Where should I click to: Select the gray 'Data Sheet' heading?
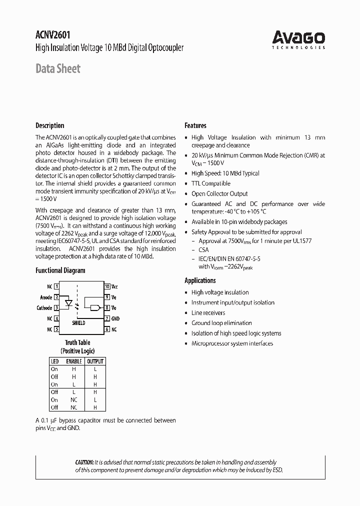57,68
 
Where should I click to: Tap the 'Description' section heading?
49,125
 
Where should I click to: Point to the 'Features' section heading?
195,125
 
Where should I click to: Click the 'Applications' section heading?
200,280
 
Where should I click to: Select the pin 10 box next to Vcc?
107,286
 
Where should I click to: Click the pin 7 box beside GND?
107,318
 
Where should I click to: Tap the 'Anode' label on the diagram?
46,297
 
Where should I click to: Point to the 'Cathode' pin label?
44,308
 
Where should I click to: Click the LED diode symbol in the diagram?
70,303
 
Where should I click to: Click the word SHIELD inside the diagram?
78,323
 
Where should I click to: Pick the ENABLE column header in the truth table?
74,361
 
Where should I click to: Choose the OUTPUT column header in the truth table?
95,361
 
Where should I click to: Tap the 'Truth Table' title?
77,342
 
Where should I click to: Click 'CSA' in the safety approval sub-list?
203,249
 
